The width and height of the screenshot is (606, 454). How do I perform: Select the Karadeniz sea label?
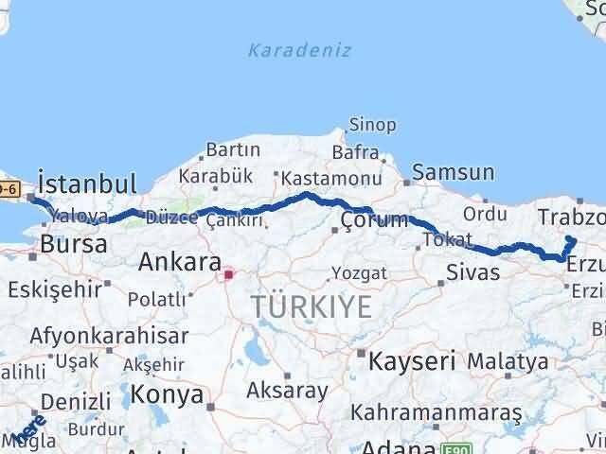tap(299, 50)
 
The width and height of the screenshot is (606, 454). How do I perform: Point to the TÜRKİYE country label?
tap(312, 306)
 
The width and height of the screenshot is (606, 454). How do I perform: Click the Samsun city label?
tap(454, 172)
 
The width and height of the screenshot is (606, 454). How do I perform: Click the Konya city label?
tap(168, 393)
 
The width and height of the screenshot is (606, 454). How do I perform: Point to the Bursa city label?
tap(72, 245)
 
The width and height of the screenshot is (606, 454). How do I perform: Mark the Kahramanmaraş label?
tap(436, 412)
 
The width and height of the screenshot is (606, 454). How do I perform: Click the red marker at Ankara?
tap(227, 275)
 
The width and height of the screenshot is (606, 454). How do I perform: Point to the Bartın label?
tap(233, 149)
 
